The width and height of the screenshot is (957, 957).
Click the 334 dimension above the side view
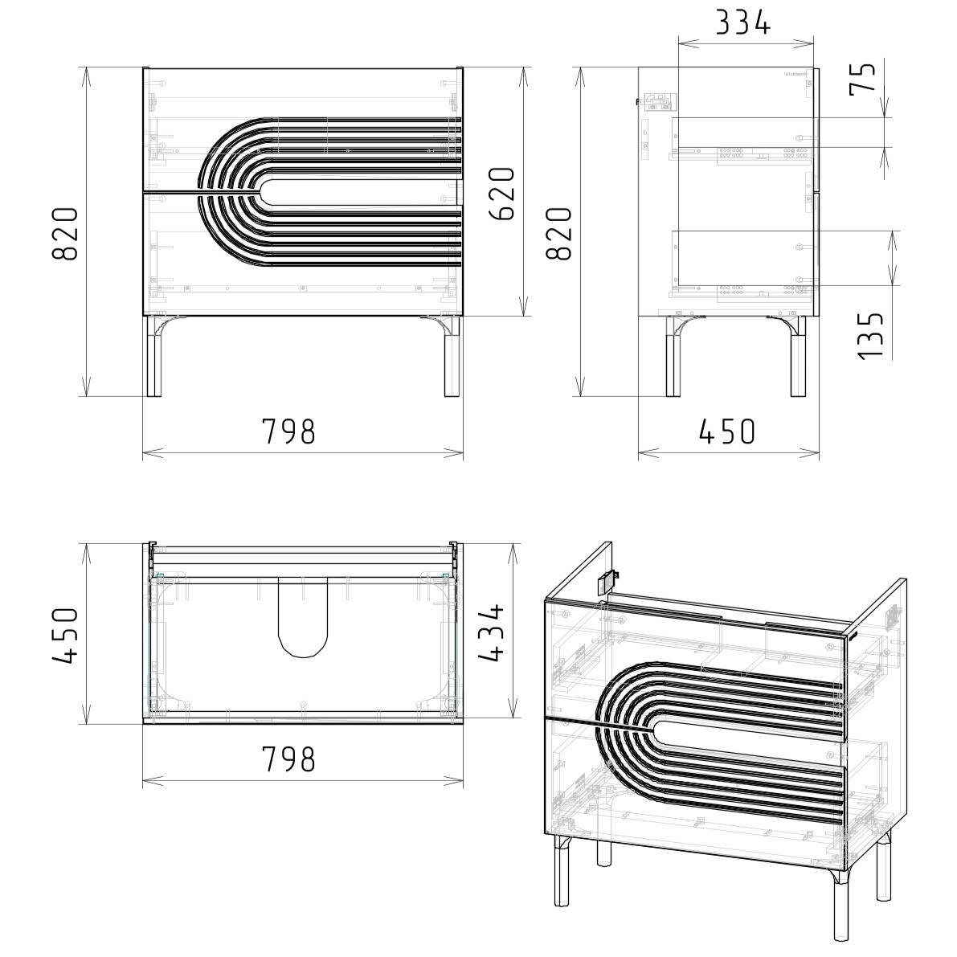742,23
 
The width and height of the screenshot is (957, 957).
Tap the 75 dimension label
863,77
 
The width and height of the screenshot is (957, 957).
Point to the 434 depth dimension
491,632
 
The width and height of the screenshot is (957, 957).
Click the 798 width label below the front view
288,431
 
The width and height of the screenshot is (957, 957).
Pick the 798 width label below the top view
288,759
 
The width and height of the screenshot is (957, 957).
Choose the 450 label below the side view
727,431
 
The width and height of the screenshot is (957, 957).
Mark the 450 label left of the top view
65,635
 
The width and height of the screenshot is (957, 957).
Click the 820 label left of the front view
65,234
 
